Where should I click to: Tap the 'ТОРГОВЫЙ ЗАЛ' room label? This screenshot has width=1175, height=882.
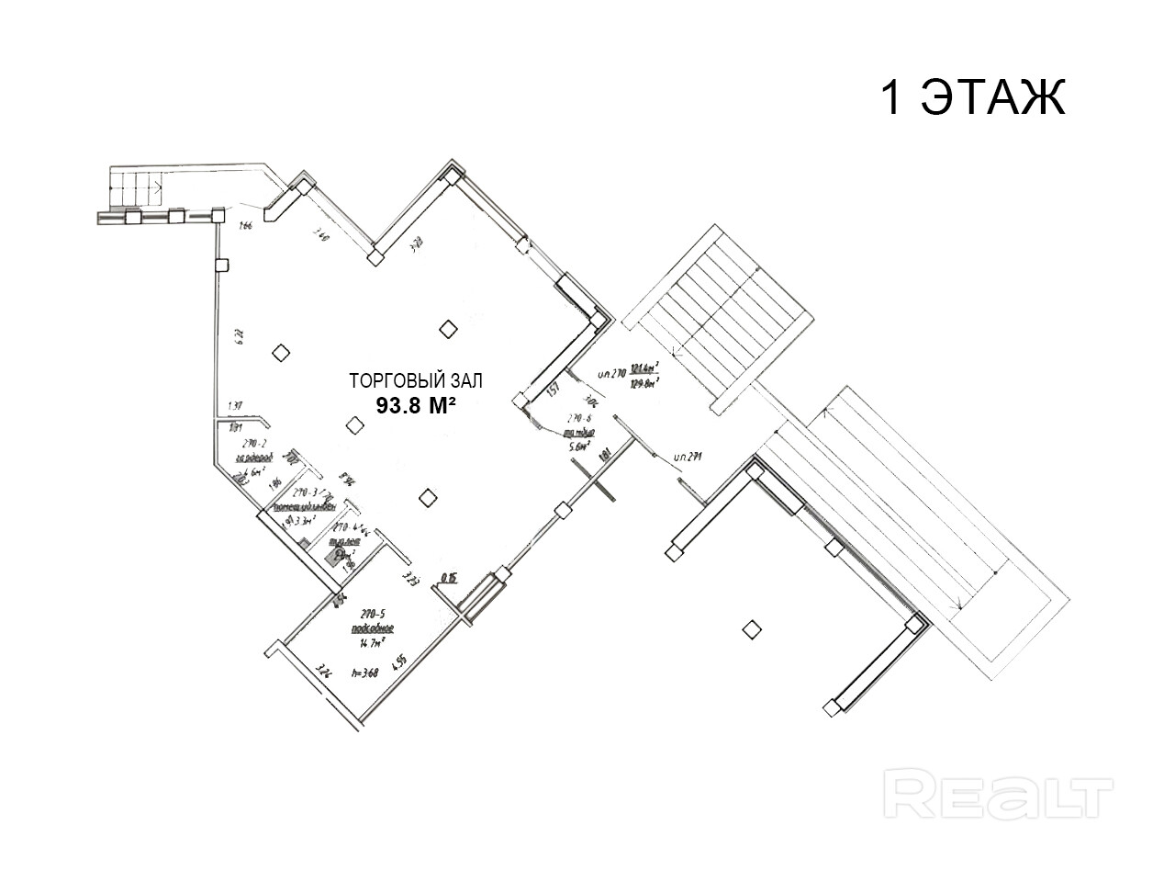416,380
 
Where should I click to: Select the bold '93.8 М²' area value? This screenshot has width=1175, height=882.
416,405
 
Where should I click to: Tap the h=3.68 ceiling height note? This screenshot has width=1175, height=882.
364,673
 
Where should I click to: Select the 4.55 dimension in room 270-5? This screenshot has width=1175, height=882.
399,661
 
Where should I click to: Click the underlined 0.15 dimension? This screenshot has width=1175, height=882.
449,578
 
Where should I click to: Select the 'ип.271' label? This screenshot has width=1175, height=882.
687,456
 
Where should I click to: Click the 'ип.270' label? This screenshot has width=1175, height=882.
610,374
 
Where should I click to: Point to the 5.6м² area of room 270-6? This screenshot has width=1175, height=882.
579,447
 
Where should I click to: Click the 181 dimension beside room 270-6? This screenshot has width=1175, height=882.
604,456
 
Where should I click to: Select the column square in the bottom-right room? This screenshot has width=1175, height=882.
752,629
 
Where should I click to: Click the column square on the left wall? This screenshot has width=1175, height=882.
221,266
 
